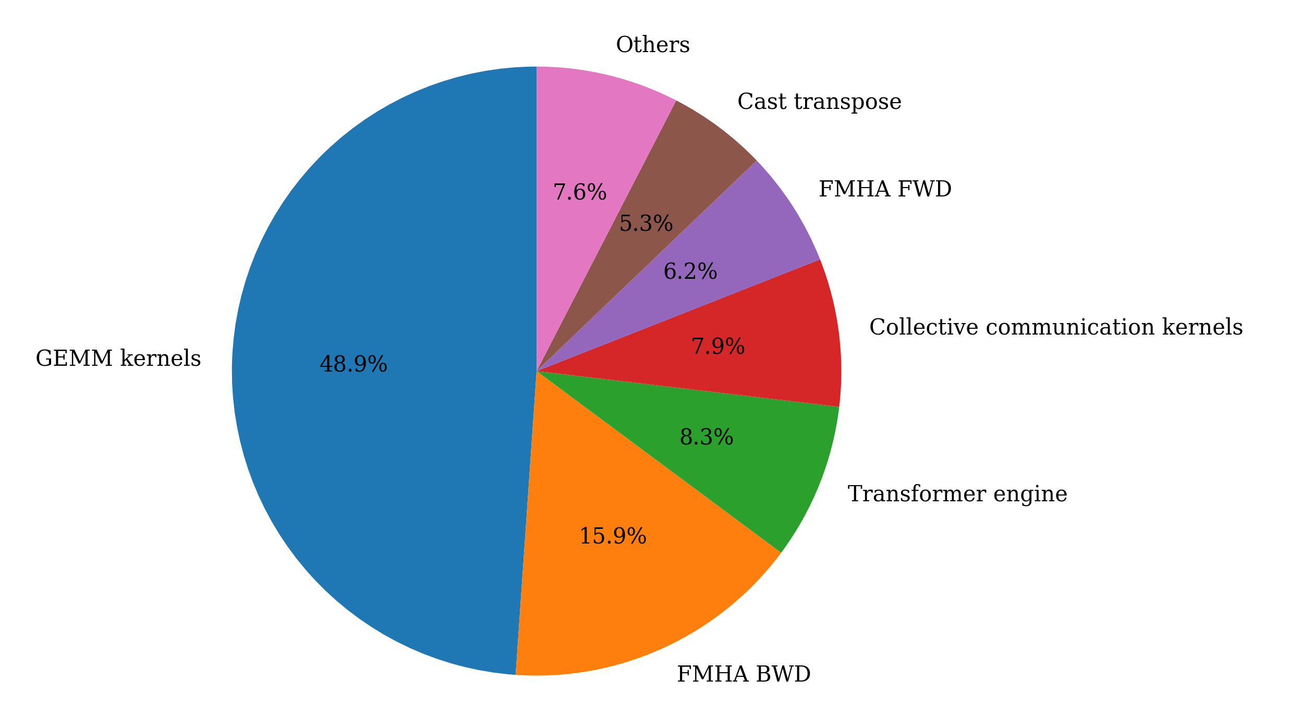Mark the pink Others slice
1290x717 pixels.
[x=589, y=135]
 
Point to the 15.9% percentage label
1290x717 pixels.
[x=613, y=536]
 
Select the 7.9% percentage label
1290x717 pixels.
[x=717, y=346]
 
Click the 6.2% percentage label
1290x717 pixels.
[x=690, y=271]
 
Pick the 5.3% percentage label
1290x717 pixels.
[x=646, y=224]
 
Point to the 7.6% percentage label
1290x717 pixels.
[x=579, y=192]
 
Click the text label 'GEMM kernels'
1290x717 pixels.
[x=118, y=358]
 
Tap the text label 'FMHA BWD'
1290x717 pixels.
[x=744, y=674]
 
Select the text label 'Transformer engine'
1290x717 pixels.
[x=957, y=493]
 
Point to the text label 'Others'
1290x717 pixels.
[x=652, y=45]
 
